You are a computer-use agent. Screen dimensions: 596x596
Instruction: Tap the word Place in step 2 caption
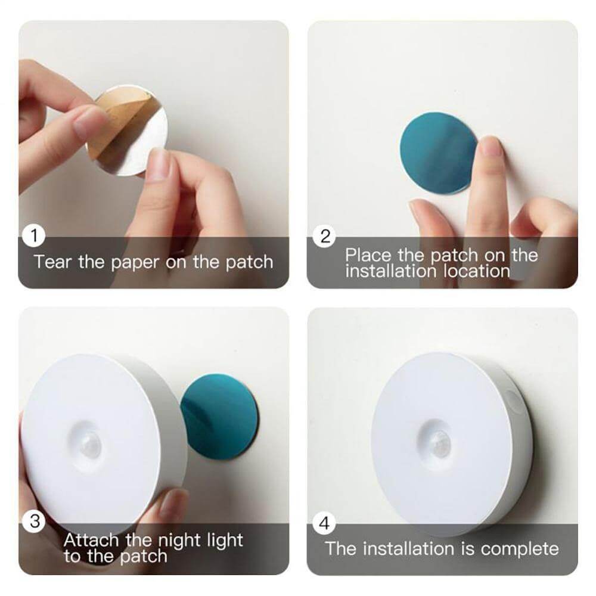tap(368, 256)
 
